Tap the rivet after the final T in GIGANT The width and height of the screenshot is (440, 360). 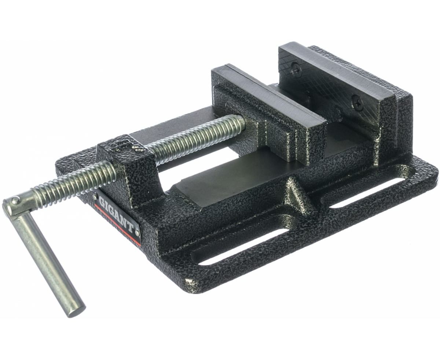(137, 231)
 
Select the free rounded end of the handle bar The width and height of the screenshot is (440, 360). (78, 311)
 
